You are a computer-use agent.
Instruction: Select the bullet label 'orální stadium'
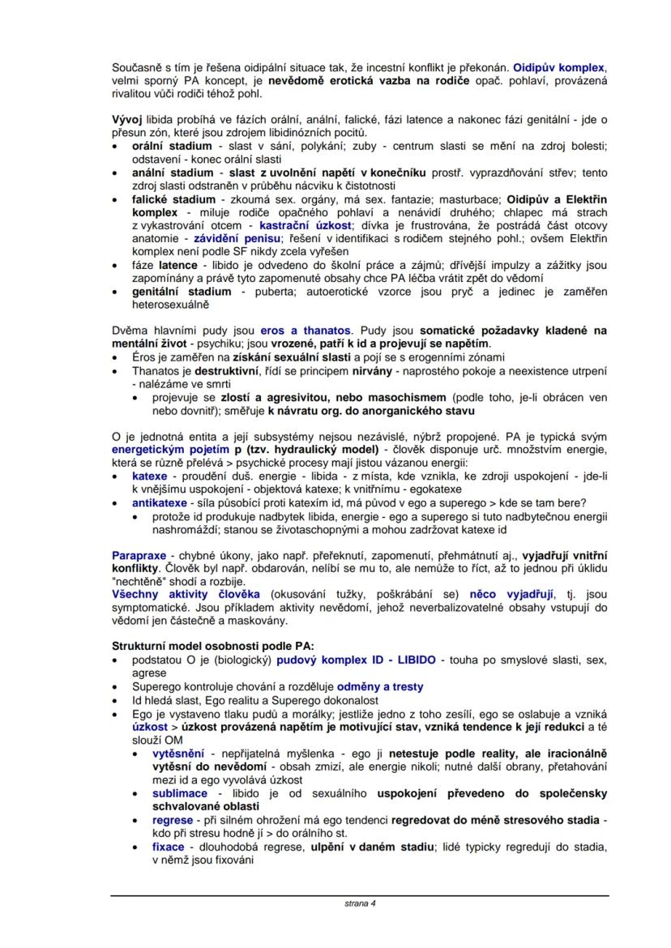(167, 146)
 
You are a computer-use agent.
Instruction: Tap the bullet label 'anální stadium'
(167, 173)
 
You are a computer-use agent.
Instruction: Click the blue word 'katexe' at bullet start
(150, 476)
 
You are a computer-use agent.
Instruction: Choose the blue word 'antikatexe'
(160, 502)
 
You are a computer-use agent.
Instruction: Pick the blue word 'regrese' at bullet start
(173, 820)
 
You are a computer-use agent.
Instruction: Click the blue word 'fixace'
(169, 847)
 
